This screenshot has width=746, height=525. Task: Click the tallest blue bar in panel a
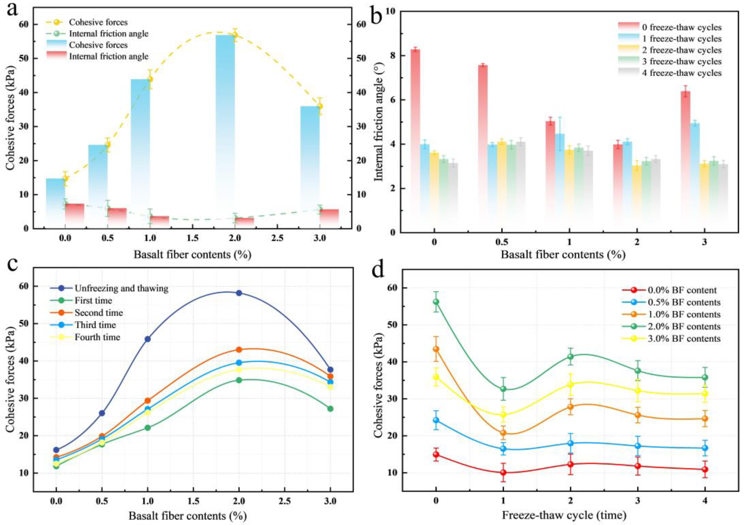[x=225, y=130]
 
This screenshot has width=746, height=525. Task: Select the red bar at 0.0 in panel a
[x=74, y=216]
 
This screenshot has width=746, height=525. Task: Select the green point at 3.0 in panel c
[x=330, y=409]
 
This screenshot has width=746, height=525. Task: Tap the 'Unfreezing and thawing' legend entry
[x=121, y=288]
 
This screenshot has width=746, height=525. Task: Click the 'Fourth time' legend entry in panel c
[x=97, y=337]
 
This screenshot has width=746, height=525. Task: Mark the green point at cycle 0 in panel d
[x=436, y=302]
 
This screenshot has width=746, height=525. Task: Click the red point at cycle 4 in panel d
[x=705, y=469]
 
